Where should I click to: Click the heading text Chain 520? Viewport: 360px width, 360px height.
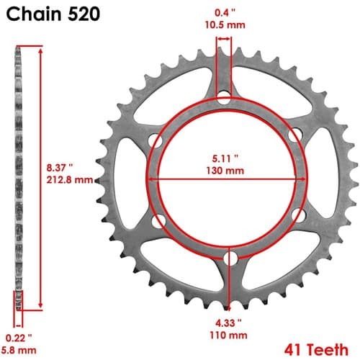(53, 14)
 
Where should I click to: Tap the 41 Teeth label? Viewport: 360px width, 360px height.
(316, 350)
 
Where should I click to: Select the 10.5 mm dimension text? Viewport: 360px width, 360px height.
(225, 24)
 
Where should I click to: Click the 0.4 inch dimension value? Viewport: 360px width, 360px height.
(225, 13)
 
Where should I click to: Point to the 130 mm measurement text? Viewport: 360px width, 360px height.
(225, 171)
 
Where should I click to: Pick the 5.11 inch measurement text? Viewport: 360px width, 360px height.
(225, 158)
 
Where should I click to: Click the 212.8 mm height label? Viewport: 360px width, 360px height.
(70, 179)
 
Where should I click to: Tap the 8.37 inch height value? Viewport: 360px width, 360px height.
(60, 168)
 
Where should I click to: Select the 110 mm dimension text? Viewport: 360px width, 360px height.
(228, 335)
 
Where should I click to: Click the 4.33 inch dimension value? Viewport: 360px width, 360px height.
(228, 323)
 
